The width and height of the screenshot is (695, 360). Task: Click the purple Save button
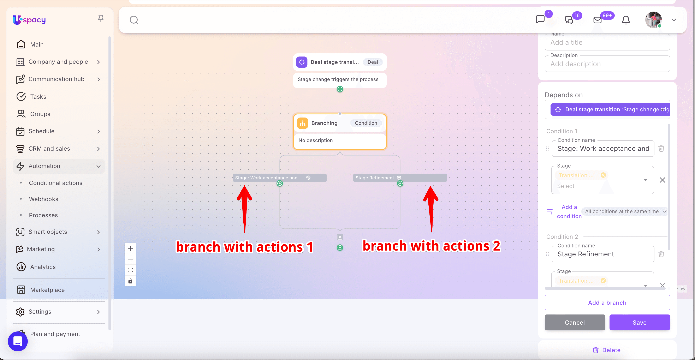pos(639,322)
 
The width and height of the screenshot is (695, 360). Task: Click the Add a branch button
pos(607,302)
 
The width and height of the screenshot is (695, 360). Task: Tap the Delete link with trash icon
pos(606,350)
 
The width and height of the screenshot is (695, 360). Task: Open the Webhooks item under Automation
pos(43,199)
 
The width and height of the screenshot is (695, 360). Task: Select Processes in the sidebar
pos(43,215)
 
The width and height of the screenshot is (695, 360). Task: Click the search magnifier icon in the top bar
pos(134,20)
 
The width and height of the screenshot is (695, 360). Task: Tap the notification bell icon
pos(626,20)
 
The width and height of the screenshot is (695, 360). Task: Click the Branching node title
pos(324,123)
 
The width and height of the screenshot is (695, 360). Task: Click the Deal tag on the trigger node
pos(373,62)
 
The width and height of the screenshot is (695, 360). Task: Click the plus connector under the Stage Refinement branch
pos(400,183)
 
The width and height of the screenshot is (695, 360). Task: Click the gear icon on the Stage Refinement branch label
pos(399,178)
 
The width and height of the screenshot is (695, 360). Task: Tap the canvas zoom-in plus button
pos(130,248)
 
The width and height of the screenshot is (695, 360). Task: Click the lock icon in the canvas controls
pos(130,281)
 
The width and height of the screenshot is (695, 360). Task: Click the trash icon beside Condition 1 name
pos(661,149)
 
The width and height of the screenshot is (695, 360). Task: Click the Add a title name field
pos(607,42)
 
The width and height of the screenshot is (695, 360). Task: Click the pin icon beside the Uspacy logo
pos(101,19)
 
